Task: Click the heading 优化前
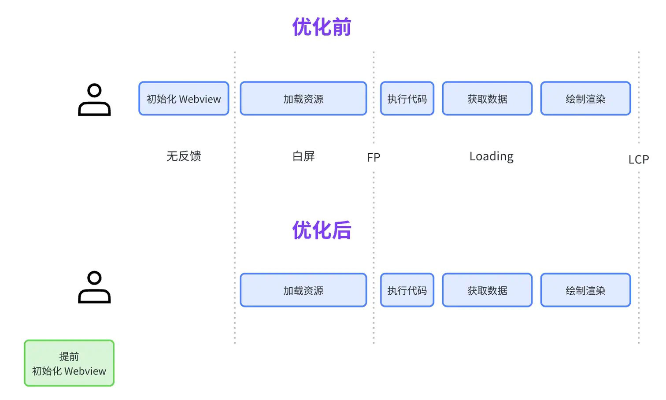pos(322,27)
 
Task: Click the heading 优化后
pos(322,230)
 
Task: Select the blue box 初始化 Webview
pos(184,98)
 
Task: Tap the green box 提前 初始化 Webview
pos(69,363)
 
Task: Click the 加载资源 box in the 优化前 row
pos(303,98)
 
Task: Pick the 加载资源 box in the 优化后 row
pos(303,290)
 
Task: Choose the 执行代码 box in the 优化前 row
pos(407,98)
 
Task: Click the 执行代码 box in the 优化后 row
pos(407,290)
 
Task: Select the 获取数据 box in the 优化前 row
pos(487,98)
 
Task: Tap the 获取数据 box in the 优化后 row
pos(487,290)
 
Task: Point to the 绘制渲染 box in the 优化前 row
pos(586,98)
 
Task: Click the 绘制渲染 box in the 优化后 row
pos(586,290)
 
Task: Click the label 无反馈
pos(184,156)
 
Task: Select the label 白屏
pos(303,156)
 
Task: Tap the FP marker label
pos(374,157)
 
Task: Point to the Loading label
pos(492,156)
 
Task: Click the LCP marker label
pos(639,160)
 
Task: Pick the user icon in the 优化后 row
pos(95,287)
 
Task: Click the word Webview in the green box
pos(85,371)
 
